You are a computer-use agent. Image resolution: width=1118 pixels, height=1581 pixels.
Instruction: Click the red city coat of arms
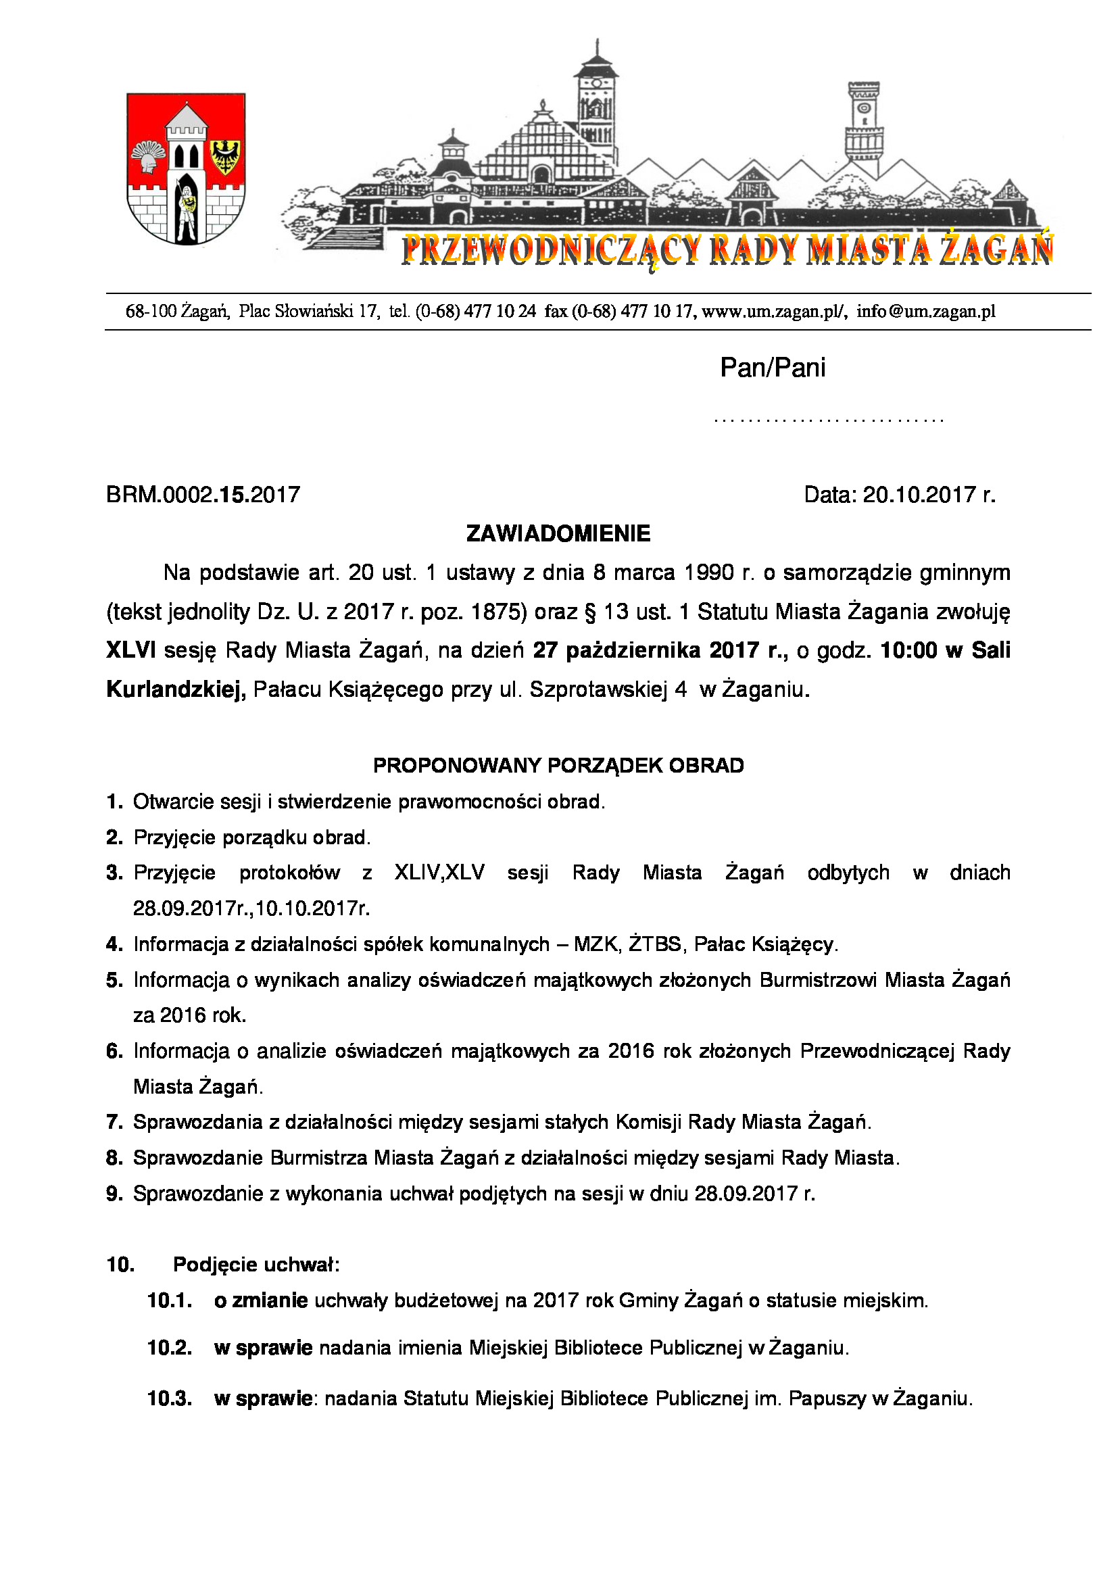[x=186, y=169]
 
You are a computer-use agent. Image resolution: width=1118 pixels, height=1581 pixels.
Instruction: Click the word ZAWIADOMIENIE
[x=558, y=534]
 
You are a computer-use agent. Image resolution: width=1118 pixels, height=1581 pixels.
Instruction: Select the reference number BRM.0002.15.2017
[x=203, y=495]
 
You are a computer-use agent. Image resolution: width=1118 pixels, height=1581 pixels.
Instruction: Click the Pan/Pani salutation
[x=773, y=368]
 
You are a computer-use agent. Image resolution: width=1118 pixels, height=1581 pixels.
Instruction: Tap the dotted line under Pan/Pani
[x=829, y=419]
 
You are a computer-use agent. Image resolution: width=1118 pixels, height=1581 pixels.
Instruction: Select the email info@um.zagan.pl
[x=926, y=312]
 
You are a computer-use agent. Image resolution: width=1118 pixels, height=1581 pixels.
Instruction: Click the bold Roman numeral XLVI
[x=131, y=650]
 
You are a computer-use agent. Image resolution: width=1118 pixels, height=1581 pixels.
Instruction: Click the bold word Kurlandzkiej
[x=176, y=689]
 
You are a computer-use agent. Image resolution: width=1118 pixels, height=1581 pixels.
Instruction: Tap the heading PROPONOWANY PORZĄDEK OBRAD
[x=558, y=766]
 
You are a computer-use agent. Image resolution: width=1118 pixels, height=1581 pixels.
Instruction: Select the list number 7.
[x=114, y=1123]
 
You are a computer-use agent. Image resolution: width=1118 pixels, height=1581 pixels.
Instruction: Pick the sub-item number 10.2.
[x=170, y=1348]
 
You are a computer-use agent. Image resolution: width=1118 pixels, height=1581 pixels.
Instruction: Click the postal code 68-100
[x=151, y=312]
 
